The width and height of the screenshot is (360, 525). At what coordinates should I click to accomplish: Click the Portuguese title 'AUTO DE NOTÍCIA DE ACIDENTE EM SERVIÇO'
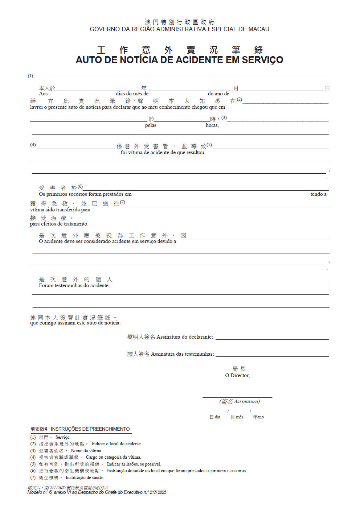pos(179,60)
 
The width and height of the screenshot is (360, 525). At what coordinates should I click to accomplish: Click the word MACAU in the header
pos(259,29)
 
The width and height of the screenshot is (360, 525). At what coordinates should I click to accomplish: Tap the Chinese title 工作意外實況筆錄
pos(179,50)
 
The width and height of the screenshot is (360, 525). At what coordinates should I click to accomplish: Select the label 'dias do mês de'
pos(132,94)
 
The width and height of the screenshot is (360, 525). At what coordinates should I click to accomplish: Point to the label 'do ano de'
pos(218,94)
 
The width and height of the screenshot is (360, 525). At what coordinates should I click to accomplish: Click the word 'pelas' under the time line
pos(151,125)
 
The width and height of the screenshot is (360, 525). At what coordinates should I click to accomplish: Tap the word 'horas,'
pos(212,125)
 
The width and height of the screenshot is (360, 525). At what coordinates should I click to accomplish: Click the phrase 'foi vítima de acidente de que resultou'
pos(162,153)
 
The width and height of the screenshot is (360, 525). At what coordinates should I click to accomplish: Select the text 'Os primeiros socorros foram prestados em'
pos(85,194)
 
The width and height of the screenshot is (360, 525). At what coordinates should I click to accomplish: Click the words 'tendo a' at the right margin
pos(318,194)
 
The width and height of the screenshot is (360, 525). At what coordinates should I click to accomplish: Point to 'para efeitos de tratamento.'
pos(59,224)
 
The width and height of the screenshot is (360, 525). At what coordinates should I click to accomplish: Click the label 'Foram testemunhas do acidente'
pos(74,286)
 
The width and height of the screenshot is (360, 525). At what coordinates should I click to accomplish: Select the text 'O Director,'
pos(237,376)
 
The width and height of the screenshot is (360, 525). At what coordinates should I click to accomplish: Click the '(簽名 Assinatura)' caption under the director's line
pos(240,402)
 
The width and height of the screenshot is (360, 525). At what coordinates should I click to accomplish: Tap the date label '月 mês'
pos(237,417)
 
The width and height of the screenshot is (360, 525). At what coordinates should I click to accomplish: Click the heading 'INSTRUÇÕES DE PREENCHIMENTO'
pos(90,429)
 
